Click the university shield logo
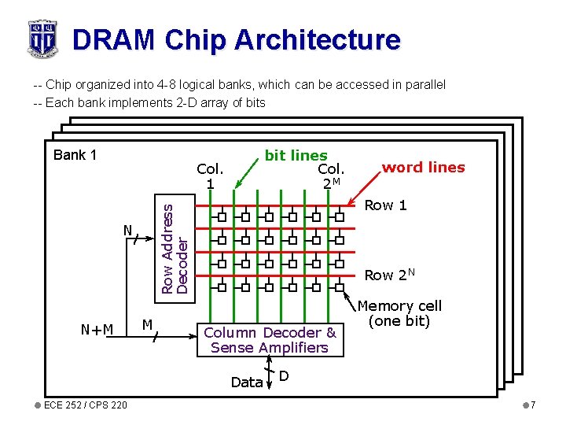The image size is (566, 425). pos(42,39)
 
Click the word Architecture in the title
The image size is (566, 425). pos(310,39)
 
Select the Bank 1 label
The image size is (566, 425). pos(75,154)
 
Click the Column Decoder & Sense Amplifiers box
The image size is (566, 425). pos(270,340)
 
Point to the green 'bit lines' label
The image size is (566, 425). pos(296,156)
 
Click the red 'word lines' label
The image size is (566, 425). pos(423,167)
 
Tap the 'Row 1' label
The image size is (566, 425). pos(385,205)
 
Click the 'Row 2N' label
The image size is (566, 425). pos(390,275)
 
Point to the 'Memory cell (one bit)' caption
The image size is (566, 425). pos(399,313)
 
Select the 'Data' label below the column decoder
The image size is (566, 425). pos(246,382)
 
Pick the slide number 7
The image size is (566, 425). pos(532,405)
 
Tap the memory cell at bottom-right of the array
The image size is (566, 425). pos(340,286)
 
